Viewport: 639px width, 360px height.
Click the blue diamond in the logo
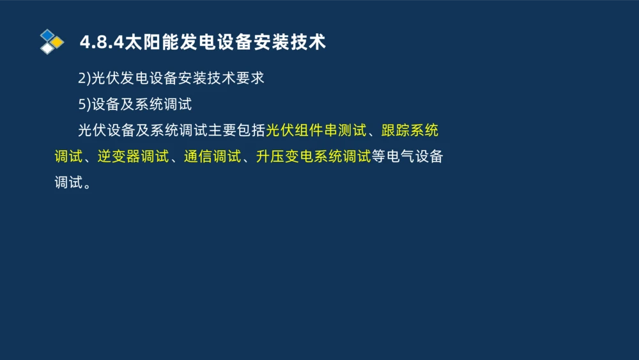[x=47, y=35]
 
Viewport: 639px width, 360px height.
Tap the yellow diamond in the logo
[x=58, y=42]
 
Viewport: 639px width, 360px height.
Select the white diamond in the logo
[x=47, y=48]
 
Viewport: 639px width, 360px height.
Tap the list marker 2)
[x=84, y=79]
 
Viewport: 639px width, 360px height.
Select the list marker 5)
[x=84, y=104]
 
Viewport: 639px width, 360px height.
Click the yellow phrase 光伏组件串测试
[x=316, y=130]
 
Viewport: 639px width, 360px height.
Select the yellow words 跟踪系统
[x=410, y=130]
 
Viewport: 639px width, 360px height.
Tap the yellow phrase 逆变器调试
[x=133, y=157]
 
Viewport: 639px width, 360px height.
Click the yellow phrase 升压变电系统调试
[x=313, y=157]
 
